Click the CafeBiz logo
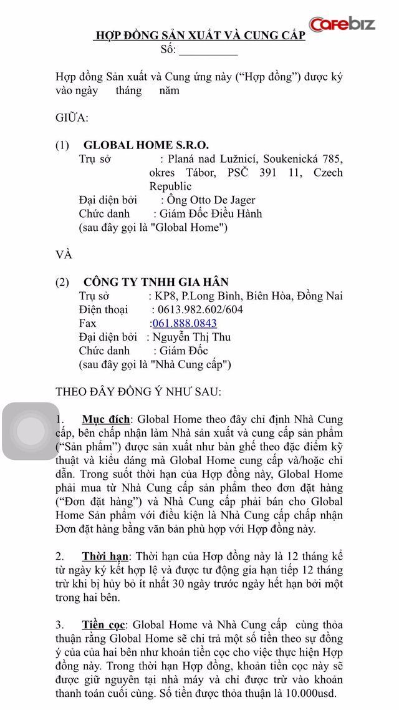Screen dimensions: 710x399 click(x=342, y=24)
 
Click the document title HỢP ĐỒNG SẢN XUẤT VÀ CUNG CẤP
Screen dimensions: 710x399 click(x=199, y=36)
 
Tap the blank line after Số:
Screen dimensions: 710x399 click(x=208, y=51)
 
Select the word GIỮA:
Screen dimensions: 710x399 click(x=72, y=118)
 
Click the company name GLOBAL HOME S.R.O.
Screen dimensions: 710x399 click(x=146, y=145)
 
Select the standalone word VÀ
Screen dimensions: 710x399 click(x=64, y=255)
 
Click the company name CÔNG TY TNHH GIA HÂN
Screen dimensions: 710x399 click(x=156, y=282)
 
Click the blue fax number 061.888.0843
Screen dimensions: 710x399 click(x=185, y=323)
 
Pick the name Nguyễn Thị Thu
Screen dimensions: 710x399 click(x=192, y=337)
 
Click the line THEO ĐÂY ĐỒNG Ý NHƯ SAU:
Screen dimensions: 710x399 click(x=138, y=392)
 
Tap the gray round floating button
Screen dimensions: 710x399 click(x=30, y=431)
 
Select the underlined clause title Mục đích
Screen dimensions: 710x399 click(x=106, y=419)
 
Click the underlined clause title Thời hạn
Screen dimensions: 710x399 click(x=105, y=557)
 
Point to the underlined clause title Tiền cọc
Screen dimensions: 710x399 click(x=104, y=625)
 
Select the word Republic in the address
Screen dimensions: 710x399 click(x=170, y=187)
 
